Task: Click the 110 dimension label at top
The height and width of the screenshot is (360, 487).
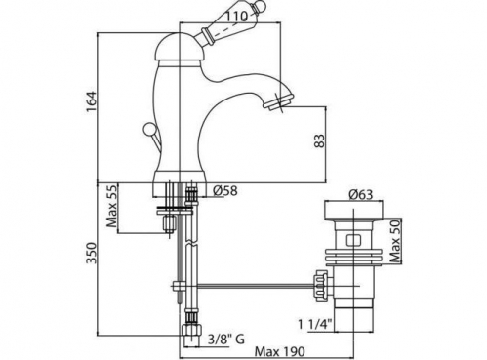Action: pyautogui.click(x=240, y=16)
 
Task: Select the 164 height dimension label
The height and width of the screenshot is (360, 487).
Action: pyautogui.click(x=92, y=101)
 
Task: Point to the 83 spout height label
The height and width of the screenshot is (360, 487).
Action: pyautogui.click(x=320, y=141)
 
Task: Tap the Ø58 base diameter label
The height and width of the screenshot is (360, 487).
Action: pyautogui.click(x=225, y=191)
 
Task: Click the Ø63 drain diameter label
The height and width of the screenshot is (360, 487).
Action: pyautogui.click(x=361, y=194)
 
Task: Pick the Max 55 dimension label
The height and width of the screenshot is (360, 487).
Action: pyautogui.click(x=111, y=206)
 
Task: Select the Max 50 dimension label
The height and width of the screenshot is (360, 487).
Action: pyautogui.click(x=395, y=241)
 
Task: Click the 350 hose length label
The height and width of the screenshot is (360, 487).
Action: pyautogui.click(x=92, y=253)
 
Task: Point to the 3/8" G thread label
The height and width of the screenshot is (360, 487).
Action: pyautogui.click(x=226, y=340)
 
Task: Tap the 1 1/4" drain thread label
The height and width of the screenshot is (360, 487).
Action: pyautogui.click(x=315, y=324)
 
